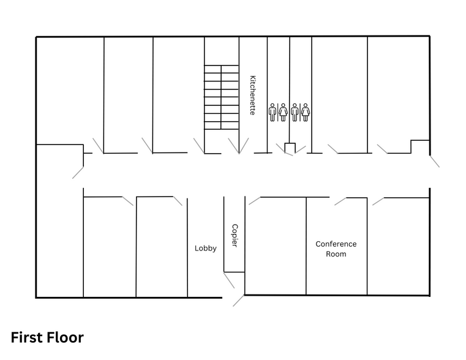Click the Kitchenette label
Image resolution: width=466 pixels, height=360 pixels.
pyautogui.click(x=252, y=96)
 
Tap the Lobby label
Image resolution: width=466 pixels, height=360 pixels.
pyautogui.click(x=206, y=248)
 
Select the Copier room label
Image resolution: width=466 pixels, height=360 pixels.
pyautogui.click(x=235, y=236)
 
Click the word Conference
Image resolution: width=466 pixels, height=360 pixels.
pyautogui.click(x=336, y=244)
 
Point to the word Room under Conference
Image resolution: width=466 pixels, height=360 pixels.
pyautogui.click(x=336, y=253)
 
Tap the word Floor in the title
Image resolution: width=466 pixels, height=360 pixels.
pyautogui.click(x=67, y=337)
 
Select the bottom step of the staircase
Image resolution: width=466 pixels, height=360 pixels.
pyautogui.click(x=220, y=125)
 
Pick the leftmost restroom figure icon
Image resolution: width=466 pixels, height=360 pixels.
pyautogui.click(x=272, y=112)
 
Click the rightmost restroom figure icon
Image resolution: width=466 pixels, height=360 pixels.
pyautogui.click(x=305, y=112)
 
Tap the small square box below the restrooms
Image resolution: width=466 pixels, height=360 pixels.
pyautogui.click(x=290, y=148)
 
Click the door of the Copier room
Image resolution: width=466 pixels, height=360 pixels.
pyautogui.click(x=229, y=280)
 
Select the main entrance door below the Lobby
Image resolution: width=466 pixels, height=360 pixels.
pyautogui.click(x=238, y=301)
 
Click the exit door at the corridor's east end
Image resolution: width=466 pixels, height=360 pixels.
pyautogui.click(x=434, y=161)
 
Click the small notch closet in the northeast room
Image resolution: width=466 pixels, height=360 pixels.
pyautogui.click(x=419, y=147)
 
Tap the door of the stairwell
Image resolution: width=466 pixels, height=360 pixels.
pyautogui.click(x=198, y=146)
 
